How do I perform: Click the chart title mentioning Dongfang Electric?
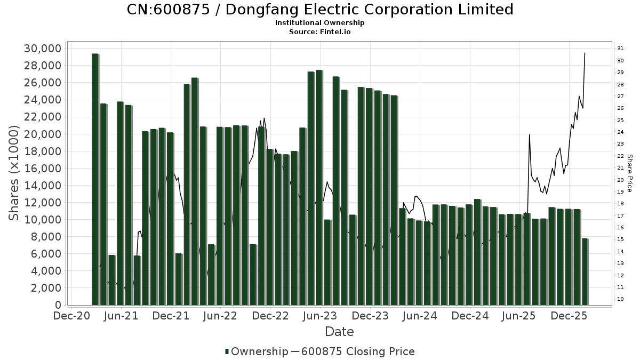[x=320, y=10]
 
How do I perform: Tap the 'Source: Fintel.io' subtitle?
[x=320, y=31]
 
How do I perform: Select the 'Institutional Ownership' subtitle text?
[x=320, y=23]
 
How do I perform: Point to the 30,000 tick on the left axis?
[x=43, y=49]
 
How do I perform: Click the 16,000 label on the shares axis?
[x=43, y=169]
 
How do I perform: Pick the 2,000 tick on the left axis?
[x=46, y=288]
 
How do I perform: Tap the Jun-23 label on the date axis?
[x=320, y=316]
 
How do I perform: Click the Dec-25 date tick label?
[x=569, y=316]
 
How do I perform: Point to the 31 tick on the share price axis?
[x=620, y=49]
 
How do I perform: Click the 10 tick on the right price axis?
[x=620, y=299]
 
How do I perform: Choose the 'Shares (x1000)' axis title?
[x=14, y=173]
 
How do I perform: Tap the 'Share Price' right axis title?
[x=629, y=173]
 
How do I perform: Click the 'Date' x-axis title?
[x=339, y=332]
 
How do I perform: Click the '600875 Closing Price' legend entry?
[x=357, y=351]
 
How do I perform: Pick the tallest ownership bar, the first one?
[x=95, y=179]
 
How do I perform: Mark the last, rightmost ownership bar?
[x=585, y=272]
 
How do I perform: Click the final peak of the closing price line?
[x=585, y=53]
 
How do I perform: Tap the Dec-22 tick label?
[x=270, y=316]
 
